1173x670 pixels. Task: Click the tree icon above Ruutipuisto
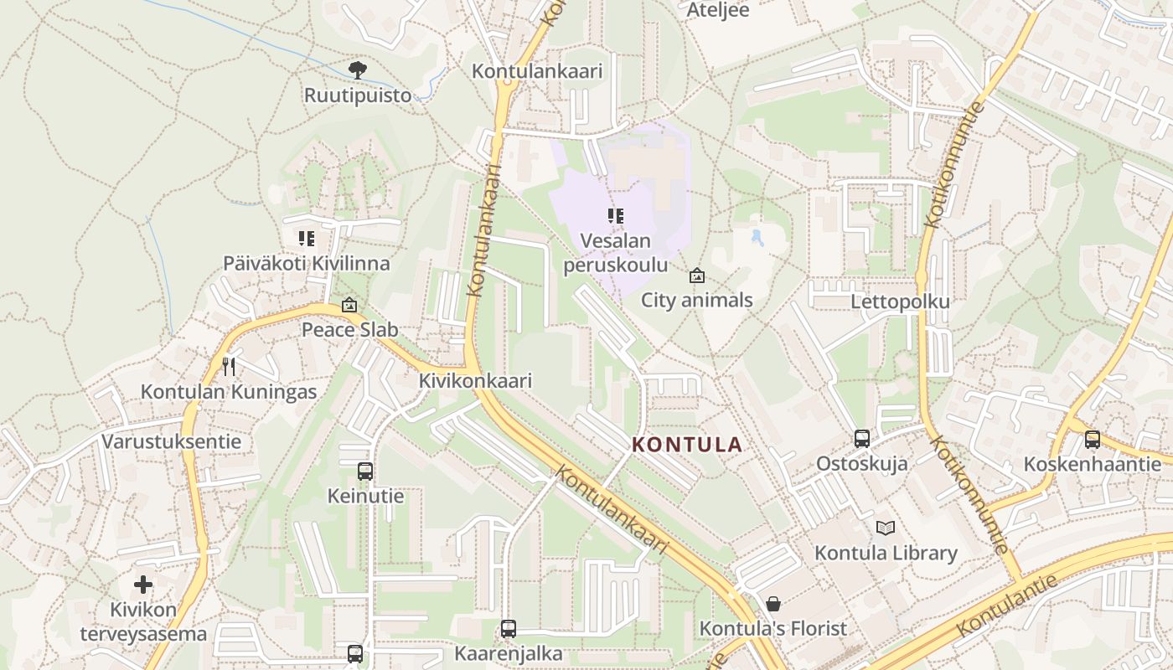pyautogui.click(x=358, y=70)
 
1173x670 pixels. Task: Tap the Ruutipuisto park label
pyautogui.click(x=358, y=95)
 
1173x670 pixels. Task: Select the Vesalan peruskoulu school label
pyautogui.click(x=616, y=253)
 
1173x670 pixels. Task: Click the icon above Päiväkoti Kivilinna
pyautogui.click(x=306, y=239)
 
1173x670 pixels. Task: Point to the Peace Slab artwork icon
pyautogui.click(x=349, y=306)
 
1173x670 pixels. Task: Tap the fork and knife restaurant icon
pyautogui.click(x=228, y=366)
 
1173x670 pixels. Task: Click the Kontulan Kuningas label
pyautogui.click(x=229, y=392)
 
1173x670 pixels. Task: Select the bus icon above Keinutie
pyautogui.click(x=364, y=471)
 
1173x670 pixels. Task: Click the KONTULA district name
pyautogui.click(x=687, y=445)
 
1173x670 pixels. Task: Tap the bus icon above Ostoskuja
pyautogui.click(x=861, y=438)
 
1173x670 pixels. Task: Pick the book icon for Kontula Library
pyautogui.click(x=886, y=528)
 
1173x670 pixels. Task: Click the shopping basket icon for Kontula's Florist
pyautogui.click(x=773, y=603)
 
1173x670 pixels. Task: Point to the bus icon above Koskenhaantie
pyautogui.click(x=1092, y=439)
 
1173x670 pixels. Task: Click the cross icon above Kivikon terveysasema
pyautogui.click(x=143, y=584)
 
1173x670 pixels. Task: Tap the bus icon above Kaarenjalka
pyautogui.click(x=508, y=628)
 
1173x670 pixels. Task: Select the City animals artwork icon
pyautogui.click(x=696, y=276)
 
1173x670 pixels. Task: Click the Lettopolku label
pyautogui.click(x=900, y=302)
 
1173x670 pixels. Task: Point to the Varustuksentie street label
pyautogui.click(x=171, y=441)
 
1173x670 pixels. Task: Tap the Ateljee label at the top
pyautogui.click(x=717, y=10)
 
